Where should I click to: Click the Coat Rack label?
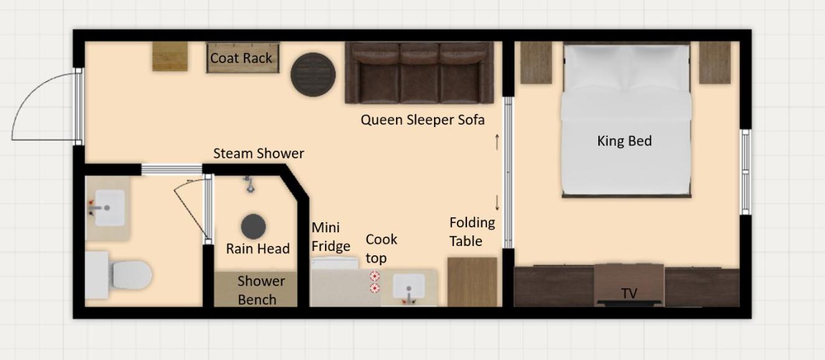point(241,58)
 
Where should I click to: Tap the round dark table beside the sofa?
point(313,75)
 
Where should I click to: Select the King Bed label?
point(625,141)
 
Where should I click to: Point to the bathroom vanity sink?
point(110,208)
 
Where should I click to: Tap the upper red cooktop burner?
point(375,276)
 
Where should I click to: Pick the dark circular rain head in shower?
point(253,226)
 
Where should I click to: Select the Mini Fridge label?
point(331,237)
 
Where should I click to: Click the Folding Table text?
point(472,232)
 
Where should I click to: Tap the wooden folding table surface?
point(472,282)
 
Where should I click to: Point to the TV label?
point(629,294)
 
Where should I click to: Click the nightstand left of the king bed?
point(536,63)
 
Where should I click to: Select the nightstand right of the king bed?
point(715,63)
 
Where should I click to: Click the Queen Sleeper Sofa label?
point(422,120)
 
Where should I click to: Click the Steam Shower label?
point(258,153)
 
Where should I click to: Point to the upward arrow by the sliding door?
point(497,142)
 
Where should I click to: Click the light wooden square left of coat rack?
point(170,56)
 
